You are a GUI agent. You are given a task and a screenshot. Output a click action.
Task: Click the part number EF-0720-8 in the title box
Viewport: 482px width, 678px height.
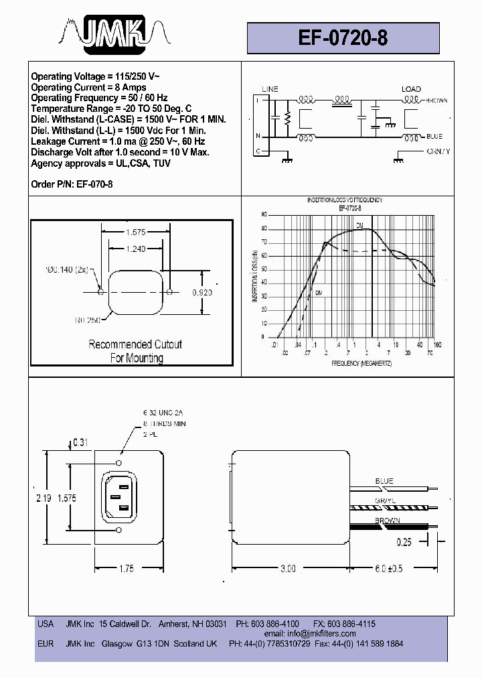click(x=343, y=38)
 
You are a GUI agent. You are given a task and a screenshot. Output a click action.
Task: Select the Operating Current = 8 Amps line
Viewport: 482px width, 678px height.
click(x=88, y=87)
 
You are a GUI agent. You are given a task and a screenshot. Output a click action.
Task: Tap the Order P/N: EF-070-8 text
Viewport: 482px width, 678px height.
click(x=67, y=183)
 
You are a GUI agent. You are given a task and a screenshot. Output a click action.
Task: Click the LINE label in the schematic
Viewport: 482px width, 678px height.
click(x=270, y=89)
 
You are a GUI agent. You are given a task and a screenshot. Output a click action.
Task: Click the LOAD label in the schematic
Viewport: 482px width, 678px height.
click(x=411, y=89)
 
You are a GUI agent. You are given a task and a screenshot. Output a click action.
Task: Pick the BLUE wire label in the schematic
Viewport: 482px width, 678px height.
click(x=434, y=137)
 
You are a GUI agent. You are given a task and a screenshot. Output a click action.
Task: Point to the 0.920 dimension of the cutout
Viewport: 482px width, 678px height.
click(x=202, y=293)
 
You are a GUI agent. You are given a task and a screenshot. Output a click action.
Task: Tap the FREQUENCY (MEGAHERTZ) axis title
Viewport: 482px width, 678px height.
click(x=361, y=362)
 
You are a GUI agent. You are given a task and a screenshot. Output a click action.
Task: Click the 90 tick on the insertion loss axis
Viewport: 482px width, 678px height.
click(x=264, y=214)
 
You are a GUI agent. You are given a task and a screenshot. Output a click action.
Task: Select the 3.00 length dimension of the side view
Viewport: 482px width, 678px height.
click(x=287, y=569)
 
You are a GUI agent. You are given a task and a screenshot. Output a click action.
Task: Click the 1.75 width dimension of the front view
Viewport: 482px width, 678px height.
click(x=126, y=569)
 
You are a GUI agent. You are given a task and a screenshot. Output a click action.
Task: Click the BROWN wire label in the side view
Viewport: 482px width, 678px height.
click(x=388, y=521)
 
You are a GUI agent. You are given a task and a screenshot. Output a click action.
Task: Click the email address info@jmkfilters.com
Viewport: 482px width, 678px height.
click(x=319, y=633)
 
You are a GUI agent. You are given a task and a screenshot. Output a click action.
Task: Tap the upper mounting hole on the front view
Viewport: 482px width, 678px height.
click(x=119, y=463)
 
